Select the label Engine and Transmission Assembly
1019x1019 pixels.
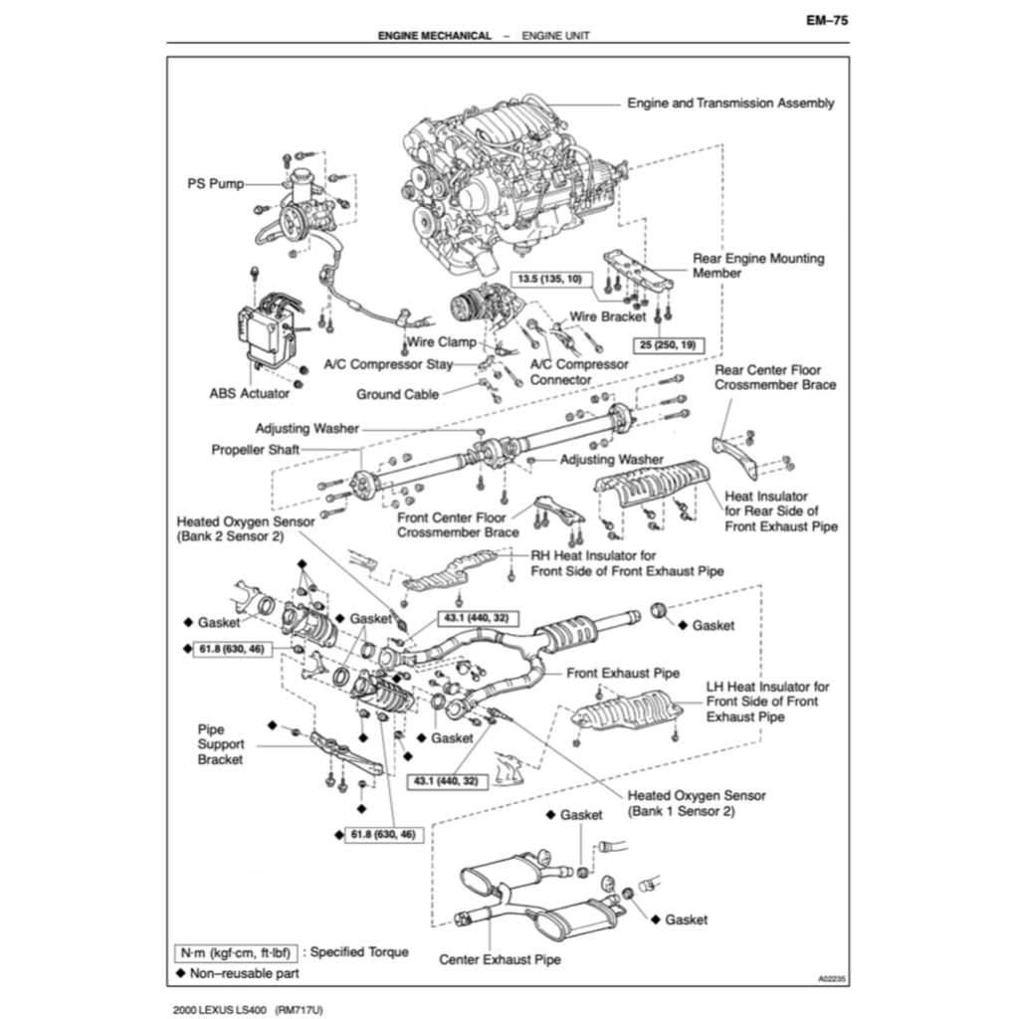[x=730, y=102]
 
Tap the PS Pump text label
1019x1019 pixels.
[x=216, y=184]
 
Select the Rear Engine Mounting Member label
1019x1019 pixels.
[x=757, y=266]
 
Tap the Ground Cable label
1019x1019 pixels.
[x=397, y=394]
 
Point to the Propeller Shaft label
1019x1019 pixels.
[x=255, y=450]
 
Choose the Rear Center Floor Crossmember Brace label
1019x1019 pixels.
[x=775, y=377]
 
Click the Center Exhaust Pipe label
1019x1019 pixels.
[x=500, y=959]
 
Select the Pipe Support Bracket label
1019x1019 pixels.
[x=220, y=744]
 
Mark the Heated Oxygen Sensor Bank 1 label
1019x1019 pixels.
[x=697, y=803]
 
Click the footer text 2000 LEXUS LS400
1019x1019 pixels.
[x=220, y=1010]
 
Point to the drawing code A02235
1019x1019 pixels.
[x=833, y=979]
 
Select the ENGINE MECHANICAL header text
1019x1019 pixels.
[x=434, y=36]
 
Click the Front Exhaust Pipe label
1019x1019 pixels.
[x=623, y=673]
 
